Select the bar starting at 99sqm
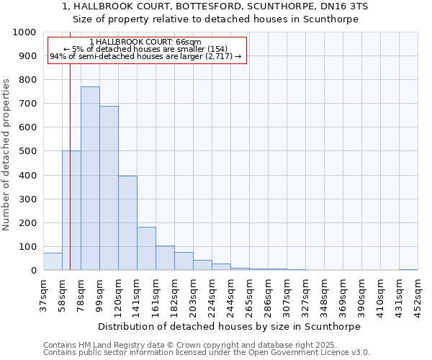[x=109, y=188]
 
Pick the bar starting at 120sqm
[x=127, y=223]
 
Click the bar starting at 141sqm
[x=146, y=248]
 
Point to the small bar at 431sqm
[x=408, y=269]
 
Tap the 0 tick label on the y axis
[x=33, y=271]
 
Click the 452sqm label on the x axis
[x=418, y=294]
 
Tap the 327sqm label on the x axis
[x=305, y=294]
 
